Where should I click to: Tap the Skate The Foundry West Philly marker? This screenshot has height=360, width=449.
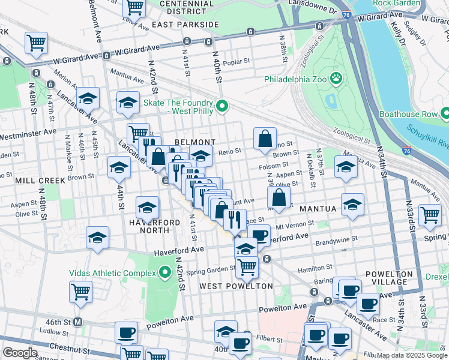point(222,107)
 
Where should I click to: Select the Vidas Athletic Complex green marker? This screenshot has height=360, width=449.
point(166,273)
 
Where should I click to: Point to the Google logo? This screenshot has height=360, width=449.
point(20,353)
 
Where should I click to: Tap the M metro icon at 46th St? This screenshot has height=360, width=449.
point(77,322)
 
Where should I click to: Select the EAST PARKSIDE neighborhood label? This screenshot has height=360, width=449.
point(185,25)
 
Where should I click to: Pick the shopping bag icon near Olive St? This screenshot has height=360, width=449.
point(279,197)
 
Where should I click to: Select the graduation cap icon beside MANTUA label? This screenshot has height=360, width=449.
point(352,204)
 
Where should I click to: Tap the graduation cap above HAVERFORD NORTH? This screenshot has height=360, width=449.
point(147,208)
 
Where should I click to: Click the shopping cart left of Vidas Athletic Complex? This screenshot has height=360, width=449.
point(80,292)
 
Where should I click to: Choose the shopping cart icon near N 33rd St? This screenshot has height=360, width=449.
point(430,215)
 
